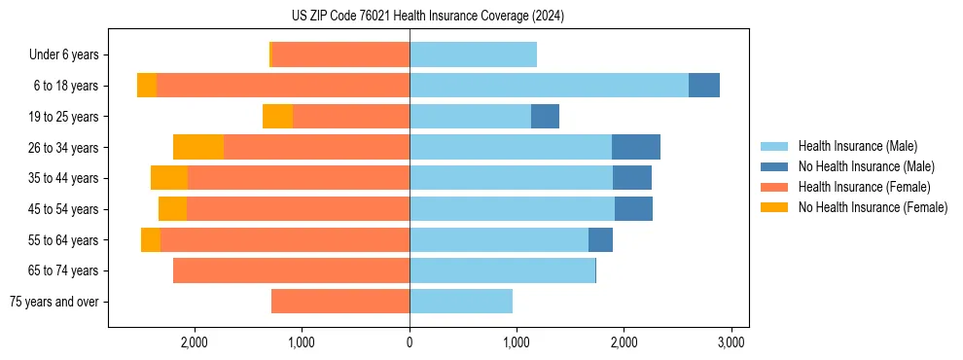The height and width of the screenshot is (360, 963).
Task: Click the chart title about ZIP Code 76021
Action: click(427, 16)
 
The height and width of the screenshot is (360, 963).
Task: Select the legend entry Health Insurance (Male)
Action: click(857, 146)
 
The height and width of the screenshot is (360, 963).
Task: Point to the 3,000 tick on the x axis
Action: click(731, 342)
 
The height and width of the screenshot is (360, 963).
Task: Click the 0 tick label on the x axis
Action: click(410, 342)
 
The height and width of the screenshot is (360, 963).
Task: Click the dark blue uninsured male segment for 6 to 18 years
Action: click(704, 86)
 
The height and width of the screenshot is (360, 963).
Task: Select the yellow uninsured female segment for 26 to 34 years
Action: click(198, 147)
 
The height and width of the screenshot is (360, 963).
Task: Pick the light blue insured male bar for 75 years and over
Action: click(461, 302)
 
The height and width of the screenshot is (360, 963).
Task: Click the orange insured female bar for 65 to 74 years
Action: click(291, 270)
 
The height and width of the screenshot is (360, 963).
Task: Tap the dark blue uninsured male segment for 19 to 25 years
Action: click(545, 117)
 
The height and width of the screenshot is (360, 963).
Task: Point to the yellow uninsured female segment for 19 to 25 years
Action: click(277, 117)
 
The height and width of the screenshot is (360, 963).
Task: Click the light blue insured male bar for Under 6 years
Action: click(473, 55)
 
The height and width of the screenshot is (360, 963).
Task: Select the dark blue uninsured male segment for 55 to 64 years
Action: click(600, 239)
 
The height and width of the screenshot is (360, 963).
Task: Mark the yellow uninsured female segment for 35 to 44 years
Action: click(169, 178)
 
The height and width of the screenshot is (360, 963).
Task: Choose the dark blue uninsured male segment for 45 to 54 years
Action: click(633, 209)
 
